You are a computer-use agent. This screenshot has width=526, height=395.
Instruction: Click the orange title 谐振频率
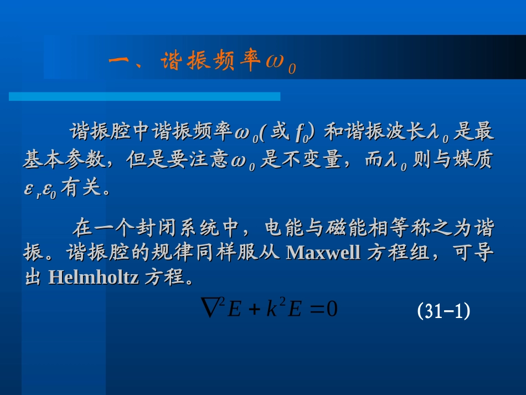(x=211, y=62)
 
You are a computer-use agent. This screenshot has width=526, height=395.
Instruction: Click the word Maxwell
(x=324, y=252)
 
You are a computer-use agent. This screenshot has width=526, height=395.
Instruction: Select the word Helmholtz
(x=94, y=276)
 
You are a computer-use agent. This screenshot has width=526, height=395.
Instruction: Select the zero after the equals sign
(x=332, y=309)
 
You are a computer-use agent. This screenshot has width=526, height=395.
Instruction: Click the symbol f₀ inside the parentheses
(x=301, y=133)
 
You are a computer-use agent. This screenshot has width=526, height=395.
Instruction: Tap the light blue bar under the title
(x=144, y=96)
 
